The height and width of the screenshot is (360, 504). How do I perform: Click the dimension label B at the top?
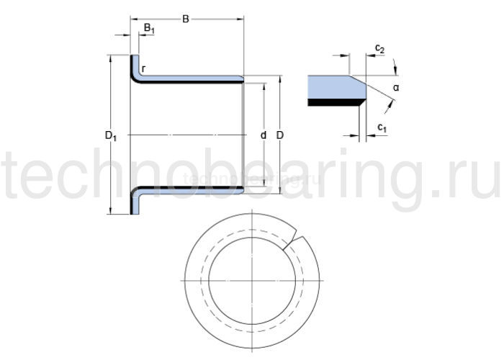click(x=185, y=19)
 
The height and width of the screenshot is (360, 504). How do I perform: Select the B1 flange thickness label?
click(x=148, y=29)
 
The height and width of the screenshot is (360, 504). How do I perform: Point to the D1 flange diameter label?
click(x=111, y=135)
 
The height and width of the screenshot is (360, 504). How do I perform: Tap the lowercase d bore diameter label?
click(x=264, y=135)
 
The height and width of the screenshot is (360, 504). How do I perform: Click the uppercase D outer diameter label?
click(x=280, y=135)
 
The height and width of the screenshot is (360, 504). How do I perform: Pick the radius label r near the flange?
click(x=143, y=69)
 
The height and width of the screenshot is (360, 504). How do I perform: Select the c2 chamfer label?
click(x=379, y=49)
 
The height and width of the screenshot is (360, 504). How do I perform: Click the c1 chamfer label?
click(x=382, y=128)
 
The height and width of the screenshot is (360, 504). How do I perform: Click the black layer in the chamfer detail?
click(x=331, y=103)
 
